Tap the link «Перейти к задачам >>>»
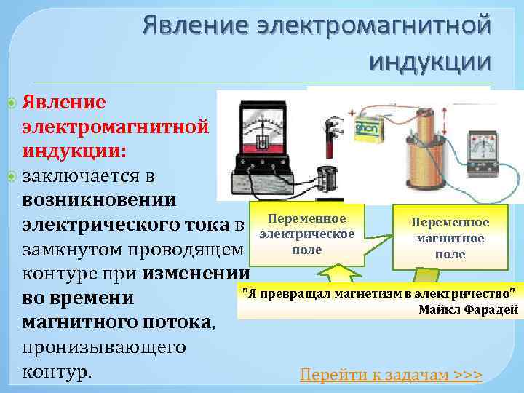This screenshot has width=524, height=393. pos(391,375)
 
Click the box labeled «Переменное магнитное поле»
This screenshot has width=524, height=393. pos(450,237)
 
